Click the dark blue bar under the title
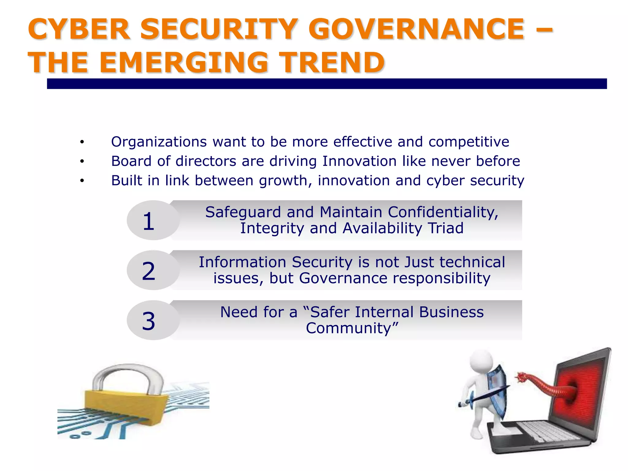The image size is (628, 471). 327,84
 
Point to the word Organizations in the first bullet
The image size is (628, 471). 159,142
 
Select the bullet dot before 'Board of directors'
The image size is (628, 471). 82,161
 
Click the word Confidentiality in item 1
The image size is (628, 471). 443,212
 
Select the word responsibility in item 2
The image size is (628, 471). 441,278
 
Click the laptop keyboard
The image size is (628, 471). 549,431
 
